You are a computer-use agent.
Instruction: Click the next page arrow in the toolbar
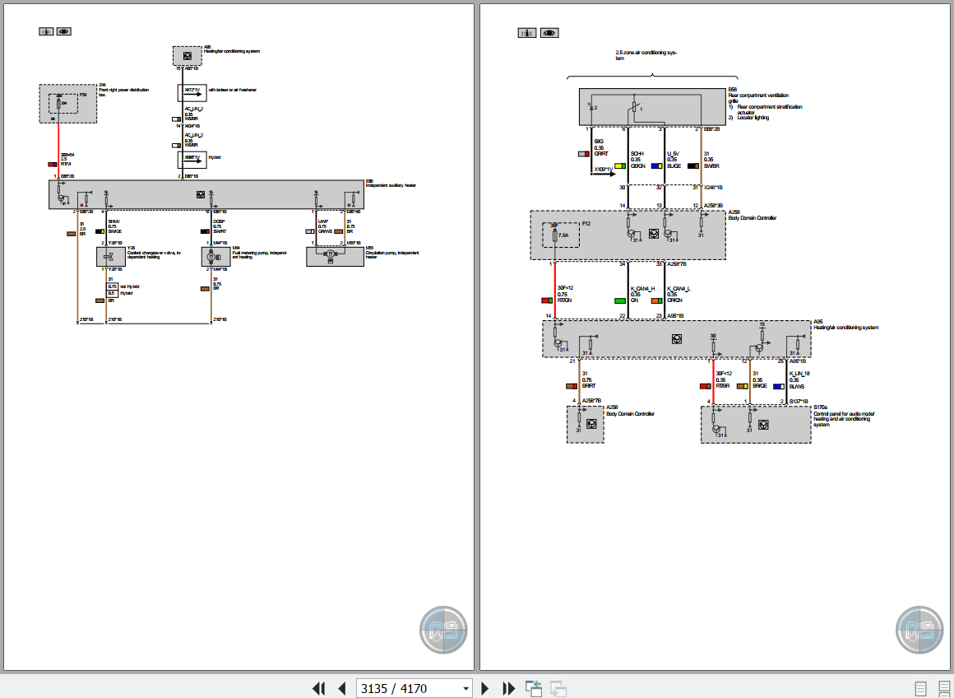click(485, 688)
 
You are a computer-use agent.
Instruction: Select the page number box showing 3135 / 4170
click(414, 688)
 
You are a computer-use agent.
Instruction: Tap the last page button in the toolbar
click(509, 688)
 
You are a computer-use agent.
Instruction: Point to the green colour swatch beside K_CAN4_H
click(619, 301)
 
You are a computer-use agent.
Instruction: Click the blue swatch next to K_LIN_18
click(777, 386)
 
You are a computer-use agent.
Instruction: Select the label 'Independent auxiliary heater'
click(391, 186)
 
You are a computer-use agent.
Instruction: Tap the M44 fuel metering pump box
click(215, 256)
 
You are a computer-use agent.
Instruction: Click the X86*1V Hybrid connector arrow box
click(192, 159)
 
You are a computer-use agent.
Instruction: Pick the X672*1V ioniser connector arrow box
click(192, 93)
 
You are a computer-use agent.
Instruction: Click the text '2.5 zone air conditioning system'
click(646, 55)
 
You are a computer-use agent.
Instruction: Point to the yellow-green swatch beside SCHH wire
click(619, 165)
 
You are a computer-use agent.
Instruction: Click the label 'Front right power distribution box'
click(123, 91)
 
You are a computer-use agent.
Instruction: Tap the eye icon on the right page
click(549, 33)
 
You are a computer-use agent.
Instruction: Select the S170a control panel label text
click(844, 416)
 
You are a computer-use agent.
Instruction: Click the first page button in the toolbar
click(319, 688)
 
